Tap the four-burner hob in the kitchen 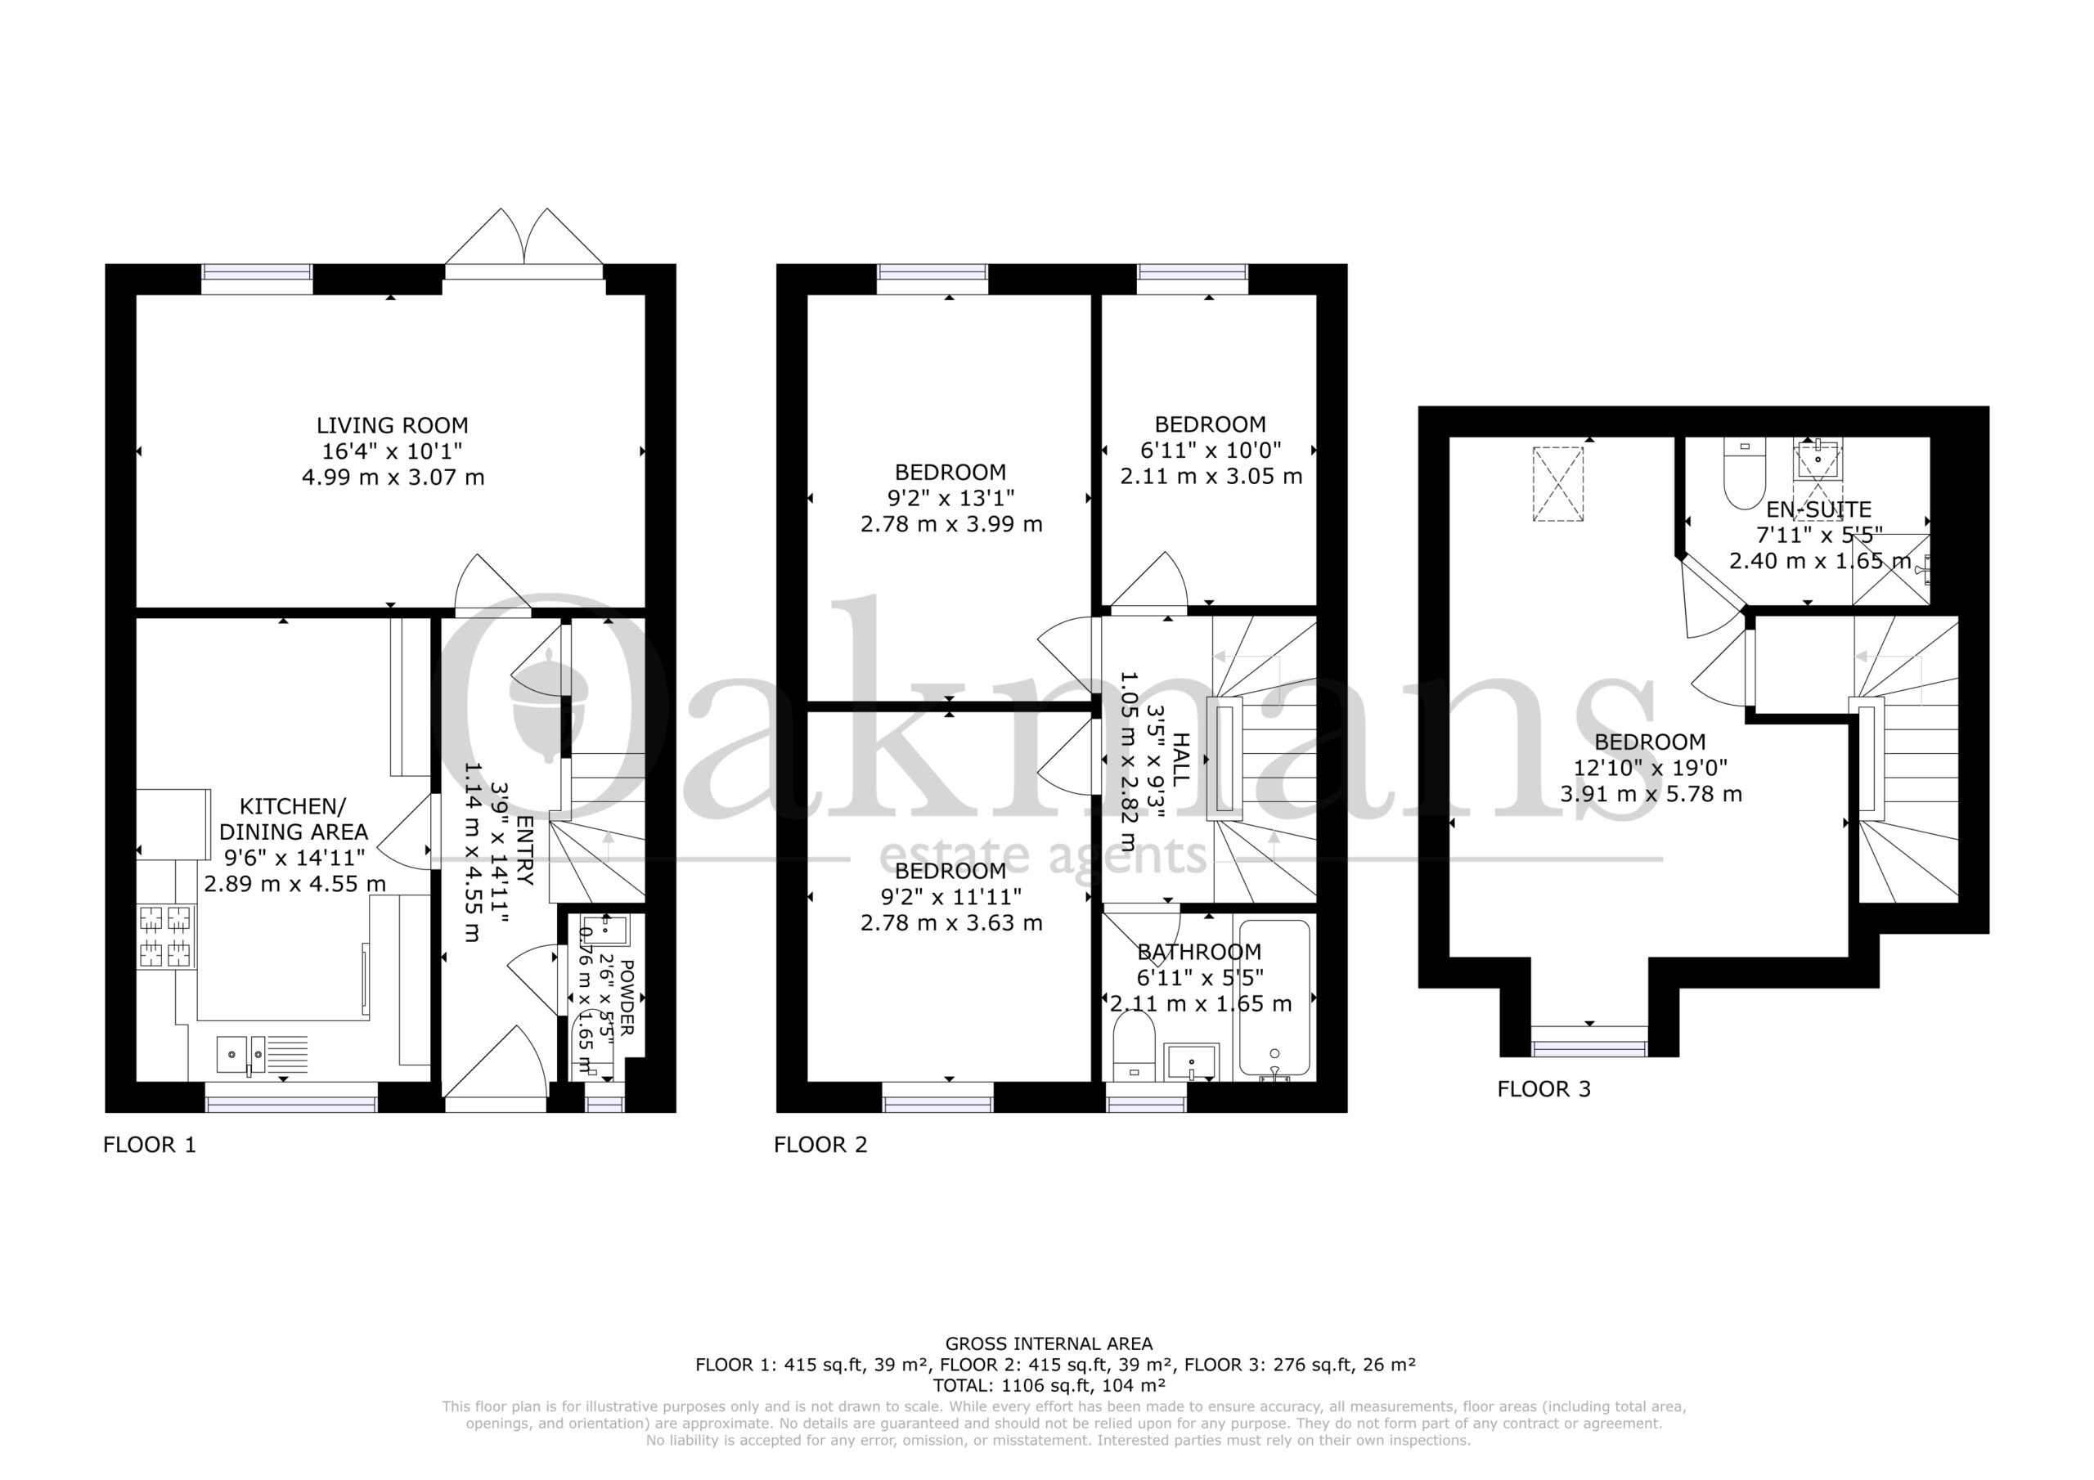point(167,935)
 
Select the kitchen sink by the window point(263,1054)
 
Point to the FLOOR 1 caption point(150,1145)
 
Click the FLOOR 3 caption point(1544,1089)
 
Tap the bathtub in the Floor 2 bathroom point(1274,999)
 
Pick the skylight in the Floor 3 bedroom point(1557,483)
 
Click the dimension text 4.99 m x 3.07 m point(393,477)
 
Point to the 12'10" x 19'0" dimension point(1651,768)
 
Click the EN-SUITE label point(1818,509)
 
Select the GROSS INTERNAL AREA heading point(1049,1343)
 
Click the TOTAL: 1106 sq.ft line point(1048,1385)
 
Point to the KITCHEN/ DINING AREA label point(294,818)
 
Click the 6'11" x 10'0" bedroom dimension point(1211,450)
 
